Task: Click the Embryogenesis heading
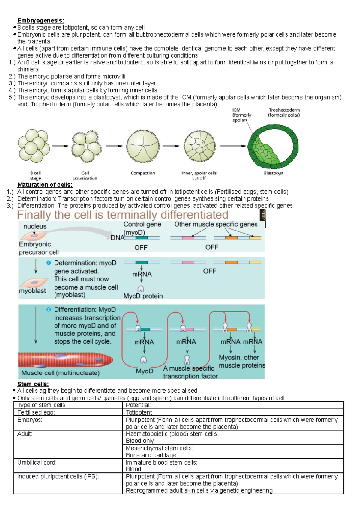40,20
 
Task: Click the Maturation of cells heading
45,185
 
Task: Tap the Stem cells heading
33,384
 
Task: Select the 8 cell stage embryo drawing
34,146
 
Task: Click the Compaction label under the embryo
143,173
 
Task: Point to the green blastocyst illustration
273,147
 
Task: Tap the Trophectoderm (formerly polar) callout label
284,112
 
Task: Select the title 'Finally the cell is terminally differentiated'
123,215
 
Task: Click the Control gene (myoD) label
142,228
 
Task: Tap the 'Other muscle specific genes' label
216,224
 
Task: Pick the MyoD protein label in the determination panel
143,296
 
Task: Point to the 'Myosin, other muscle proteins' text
242,361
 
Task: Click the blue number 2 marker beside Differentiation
49,310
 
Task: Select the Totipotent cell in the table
139,412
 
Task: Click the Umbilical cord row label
37,463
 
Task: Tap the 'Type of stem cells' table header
41,405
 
